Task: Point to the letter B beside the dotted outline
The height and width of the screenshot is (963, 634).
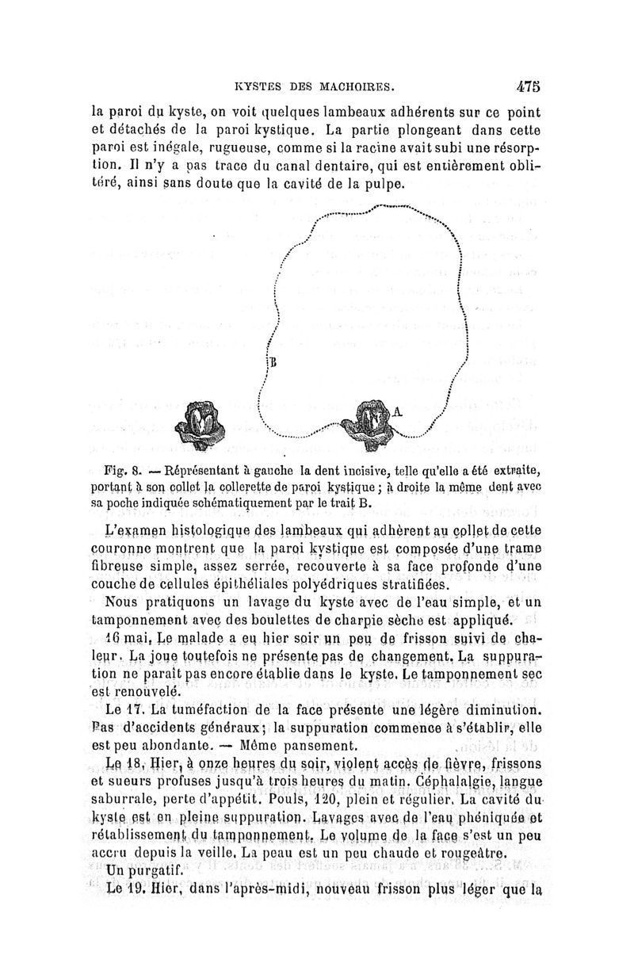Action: [273, 362]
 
